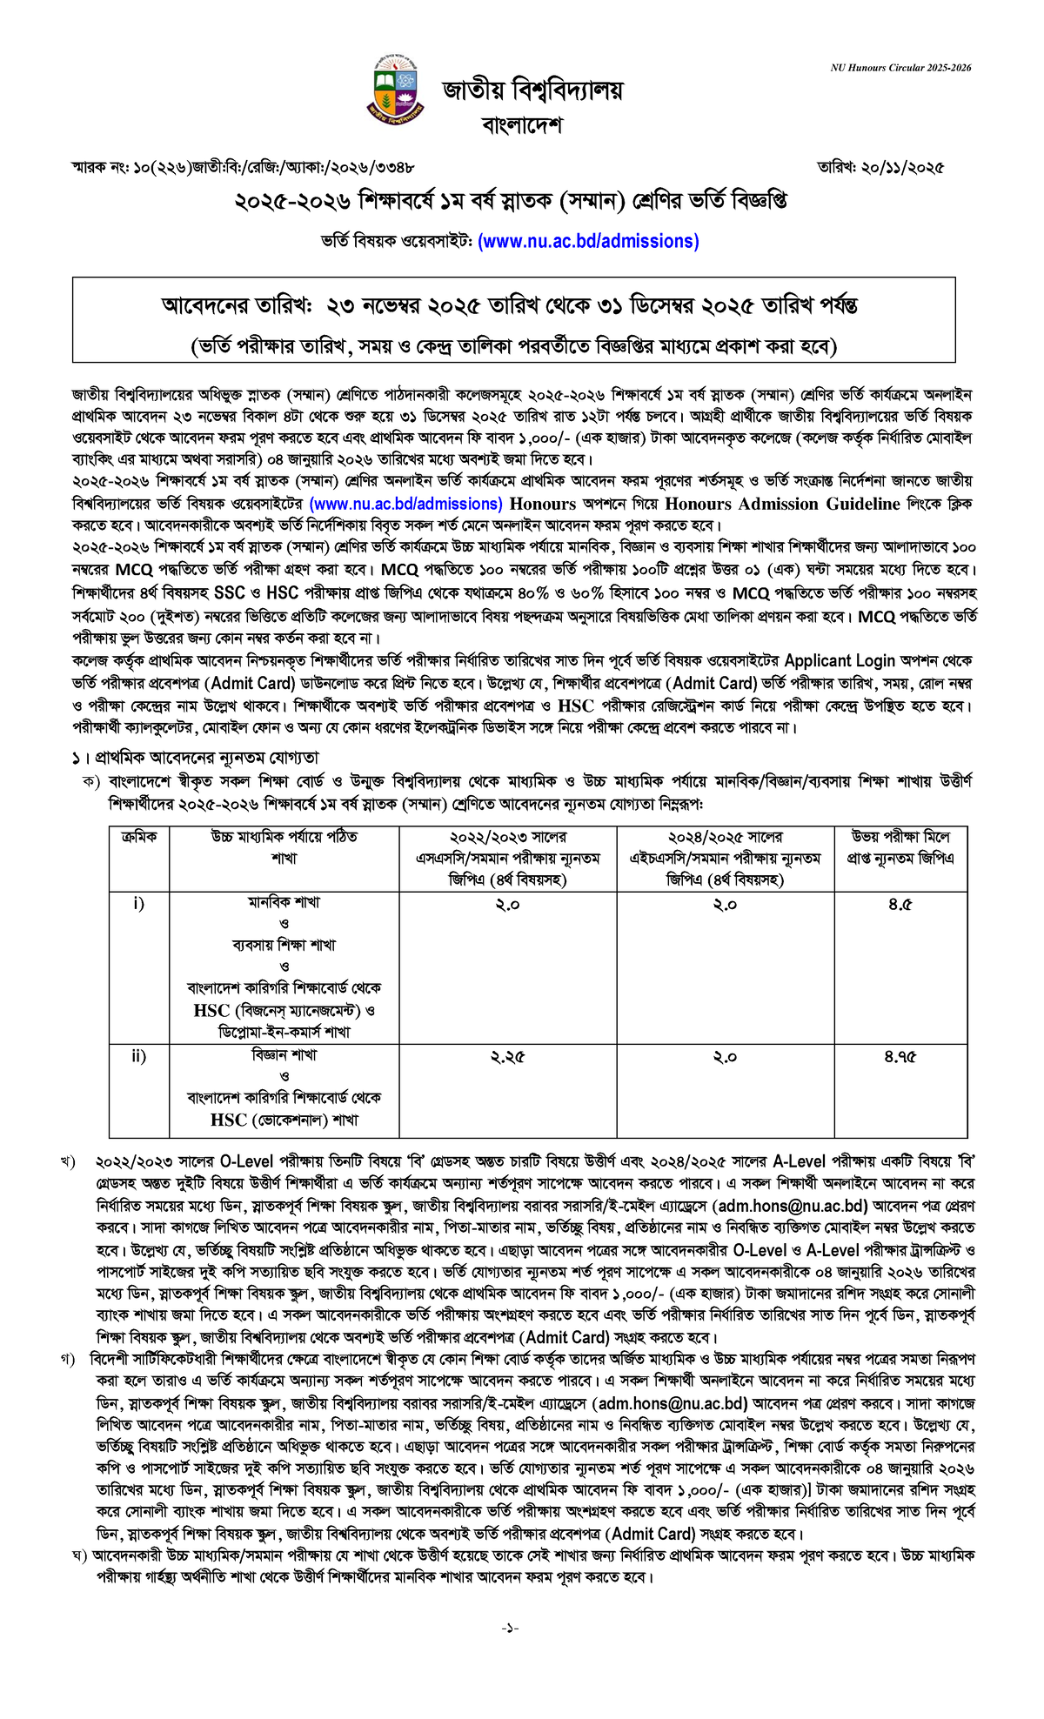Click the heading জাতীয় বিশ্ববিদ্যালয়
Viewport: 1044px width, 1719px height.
click(x=533, y=90)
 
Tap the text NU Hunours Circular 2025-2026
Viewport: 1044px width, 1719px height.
click(x=900, y=68)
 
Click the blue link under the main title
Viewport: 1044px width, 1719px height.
click(x=588, y=241)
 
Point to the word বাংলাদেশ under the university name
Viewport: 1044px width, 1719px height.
click(x=522, y=125)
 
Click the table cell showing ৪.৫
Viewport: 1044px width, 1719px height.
click(x=900, y=905)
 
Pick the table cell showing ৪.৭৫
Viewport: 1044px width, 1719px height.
click(x=900, y=1057)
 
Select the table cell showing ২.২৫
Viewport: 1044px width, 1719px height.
click(x=507, y=1057)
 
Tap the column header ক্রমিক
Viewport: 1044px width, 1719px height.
click(x=139, y=837)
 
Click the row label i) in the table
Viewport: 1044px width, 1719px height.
click(x=139, y=904)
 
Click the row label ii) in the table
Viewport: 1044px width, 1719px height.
click(x=139, y=1056)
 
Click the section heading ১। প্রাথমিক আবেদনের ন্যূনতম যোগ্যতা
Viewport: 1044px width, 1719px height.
click(x=196, y=758)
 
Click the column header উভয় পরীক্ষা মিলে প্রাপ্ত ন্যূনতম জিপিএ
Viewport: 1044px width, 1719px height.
click(x=900, y=847)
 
